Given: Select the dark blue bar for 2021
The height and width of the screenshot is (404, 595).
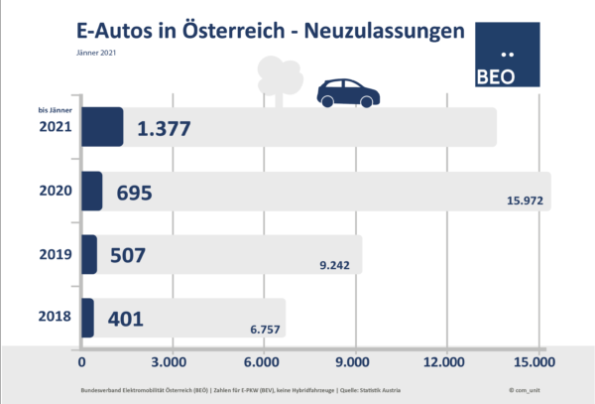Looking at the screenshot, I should [101, 127].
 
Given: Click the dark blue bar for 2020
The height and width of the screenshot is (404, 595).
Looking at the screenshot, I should [90, 191].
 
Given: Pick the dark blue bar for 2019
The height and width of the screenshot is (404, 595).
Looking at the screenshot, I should [88, 254].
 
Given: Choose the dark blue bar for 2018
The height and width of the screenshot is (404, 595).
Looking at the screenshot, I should [86, 318].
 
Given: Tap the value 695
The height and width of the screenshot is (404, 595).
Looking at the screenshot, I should [134, 192].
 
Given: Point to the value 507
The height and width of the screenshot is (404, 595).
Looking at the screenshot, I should [126, 255].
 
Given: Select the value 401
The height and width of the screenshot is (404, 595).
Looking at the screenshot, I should [124, 319].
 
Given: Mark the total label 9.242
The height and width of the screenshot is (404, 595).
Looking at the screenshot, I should [336, 266].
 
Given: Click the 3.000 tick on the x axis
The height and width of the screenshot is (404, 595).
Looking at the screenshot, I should [171, 361].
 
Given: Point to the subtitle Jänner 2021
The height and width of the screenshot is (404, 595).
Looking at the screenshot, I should [96, 54].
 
